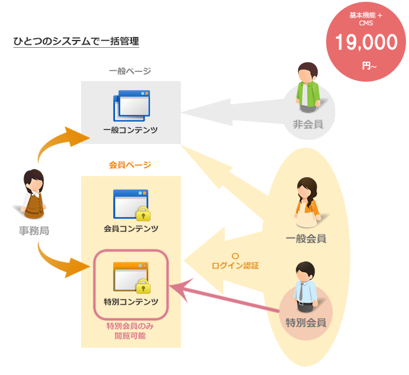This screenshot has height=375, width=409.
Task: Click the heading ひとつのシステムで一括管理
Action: (x=76, y=42)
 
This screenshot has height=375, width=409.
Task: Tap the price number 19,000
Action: (x=362, y=43)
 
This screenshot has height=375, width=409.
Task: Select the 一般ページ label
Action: (x=130, y=71)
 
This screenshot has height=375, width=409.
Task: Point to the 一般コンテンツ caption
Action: (x=131, y=130)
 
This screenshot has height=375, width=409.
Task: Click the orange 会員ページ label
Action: (x=130, y=165)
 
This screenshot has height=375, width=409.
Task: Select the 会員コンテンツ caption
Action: (x=131, y=229)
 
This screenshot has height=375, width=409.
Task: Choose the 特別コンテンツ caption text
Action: (x=131, y=301)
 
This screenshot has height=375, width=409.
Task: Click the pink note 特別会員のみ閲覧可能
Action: (x=131, y=331)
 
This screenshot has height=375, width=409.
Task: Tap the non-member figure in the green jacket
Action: (x=308, y=88)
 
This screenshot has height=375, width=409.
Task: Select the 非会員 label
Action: (x=308, y=125)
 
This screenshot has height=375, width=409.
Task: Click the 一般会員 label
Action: (x=306, y=238)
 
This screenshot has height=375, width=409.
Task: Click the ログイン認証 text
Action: (x=235, y=265)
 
